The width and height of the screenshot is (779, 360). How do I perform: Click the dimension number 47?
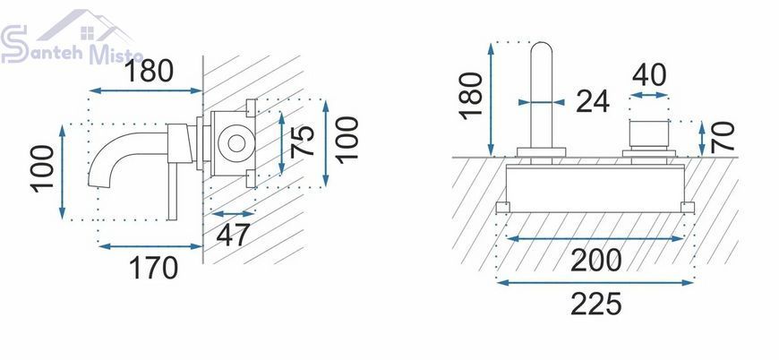(x=233, y=235)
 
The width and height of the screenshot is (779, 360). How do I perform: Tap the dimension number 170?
(x=153, y=268)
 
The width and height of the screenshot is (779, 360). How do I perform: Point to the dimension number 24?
(x=593, y=102)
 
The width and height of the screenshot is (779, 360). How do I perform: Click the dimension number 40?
(x=649, y=75)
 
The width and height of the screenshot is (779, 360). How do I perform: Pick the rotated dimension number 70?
(x=723, y=136)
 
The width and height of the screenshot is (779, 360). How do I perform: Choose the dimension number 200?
(x=595, y=260)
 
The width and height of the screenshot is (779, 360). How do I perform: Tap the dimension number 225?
(x=595, y=304)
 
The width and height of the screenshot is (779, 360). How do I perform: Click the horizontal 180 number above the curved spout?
(x=149, y=71)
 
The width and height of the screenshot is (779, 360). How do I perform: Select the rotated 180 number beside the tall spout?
(x=471, y=95)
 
